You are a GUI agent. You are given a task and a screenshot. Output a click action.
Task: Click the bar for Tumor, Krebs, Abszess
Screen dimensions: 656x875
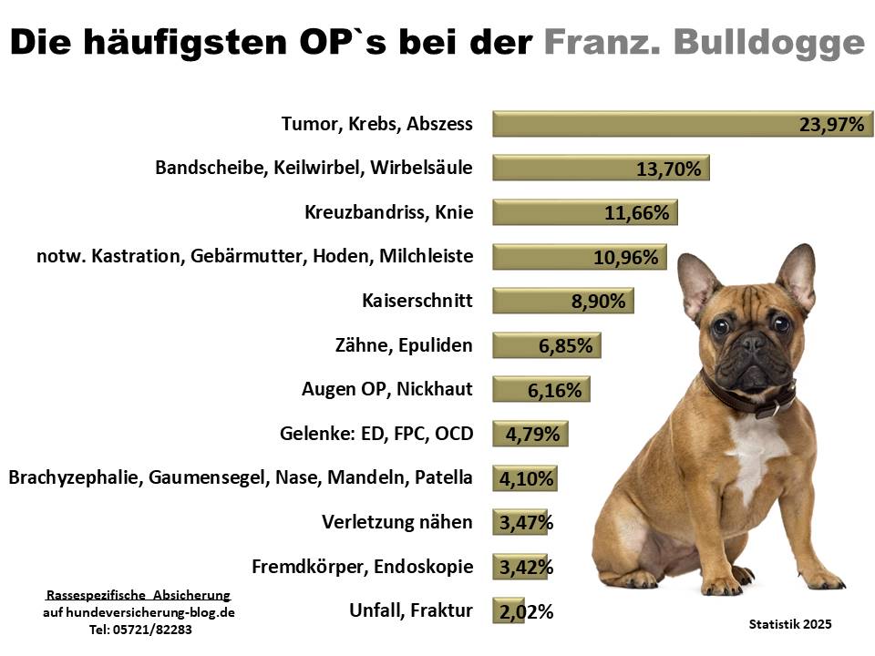click(638, 124)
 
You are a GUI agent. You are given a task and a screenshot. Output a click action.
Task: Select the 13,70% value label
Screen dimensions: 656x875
click(668, 169)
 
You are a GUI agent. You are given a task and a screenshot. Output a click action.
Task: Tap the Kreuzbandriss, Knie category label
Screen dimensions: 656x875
click(389, 213)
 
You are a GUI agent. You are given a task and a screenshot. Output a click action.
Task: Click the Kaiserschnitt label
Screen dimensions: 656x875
click(417, 301)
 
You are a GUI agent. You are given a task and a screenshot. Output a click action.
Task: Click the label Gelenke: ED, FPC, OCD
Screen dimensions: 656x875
click(376, 434)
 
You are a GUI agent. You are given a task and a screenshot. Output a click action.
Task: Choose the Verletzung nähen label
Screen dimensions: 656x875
click(397, 522)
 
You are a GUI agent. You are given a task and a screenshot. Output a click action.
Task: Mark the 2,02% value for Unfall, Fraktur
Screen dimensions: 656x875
click(523, 611)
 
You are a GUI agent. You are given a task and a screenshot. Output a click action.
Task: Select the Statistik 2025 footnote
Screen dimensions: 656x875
click(789, 624)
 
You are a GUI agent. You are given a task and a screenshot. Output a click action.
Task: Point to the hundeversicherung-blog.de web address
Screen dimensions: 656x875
click(139, 613)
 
